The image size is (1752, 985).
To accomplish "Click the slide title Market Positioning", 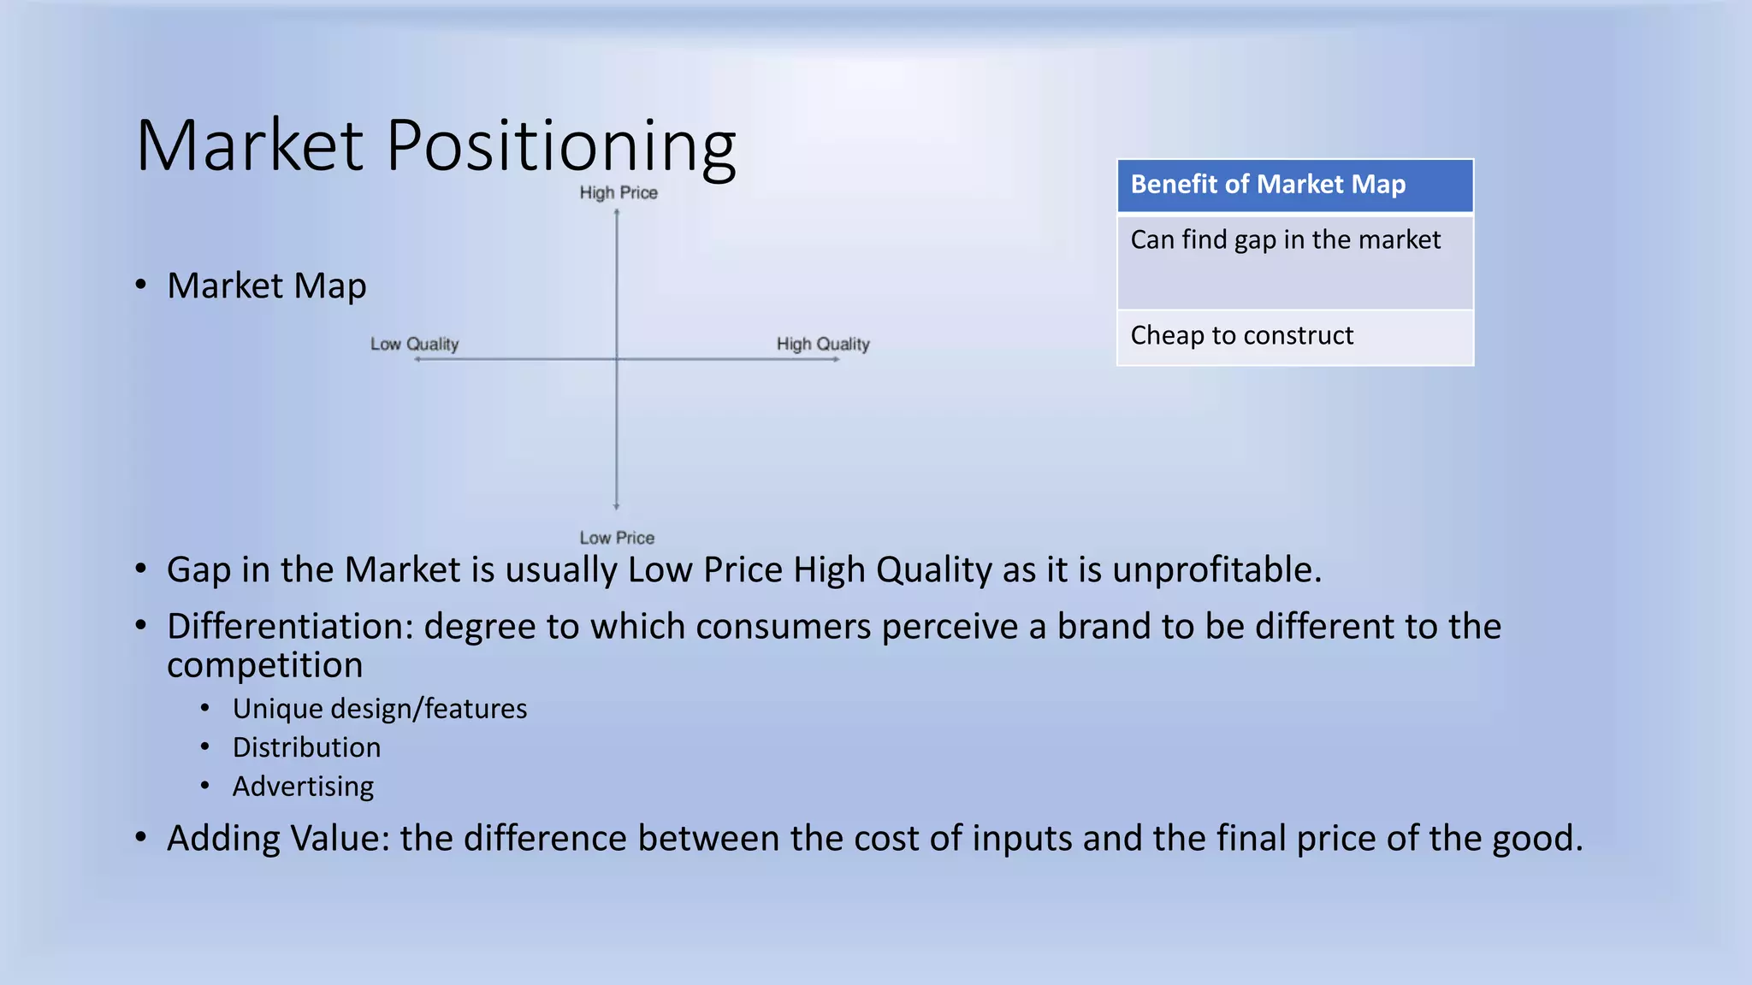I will tap(435, 145).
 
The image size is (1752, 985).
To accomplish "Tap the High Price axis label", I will tap(619, 193).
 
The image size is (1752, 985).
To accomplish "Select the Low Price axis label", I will tap(617, 538).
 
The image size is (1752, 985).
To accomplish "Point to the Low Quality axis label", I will tap(415, 344).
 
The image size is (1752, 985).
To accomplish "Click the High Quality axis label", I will tap(823, 344).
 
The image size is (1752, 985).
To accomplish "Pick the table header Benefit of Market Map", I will tap(1268, 185).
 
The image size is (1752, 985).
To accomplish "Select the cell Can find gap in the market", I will tap(1285, 240).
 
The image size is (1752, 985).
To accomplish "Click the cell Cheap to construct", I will tap(1241, 335).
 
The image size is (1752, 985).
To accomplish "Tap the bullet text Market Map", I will tap(266, 286).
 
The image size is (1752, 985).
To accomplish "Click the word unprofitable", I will tap(1216, 569).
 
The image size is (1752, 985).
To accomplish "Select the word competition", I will tap(264, 665).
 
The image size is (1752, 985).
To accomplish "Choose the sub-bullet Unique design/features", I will tap(379, 709).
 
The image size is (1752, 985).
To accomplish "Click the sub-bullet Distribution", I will tap(306, 747).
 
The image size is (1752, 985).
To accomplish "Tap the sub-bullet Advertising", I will tap(303, 787).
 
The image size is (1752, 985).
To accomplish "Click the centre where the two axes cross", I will tap(617, 359).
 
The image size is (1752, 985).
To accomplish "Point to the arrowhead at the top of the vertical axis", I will tap(617, 212).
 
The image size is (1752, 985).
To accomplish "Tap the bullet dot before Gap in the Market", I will tap(141, 569).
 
